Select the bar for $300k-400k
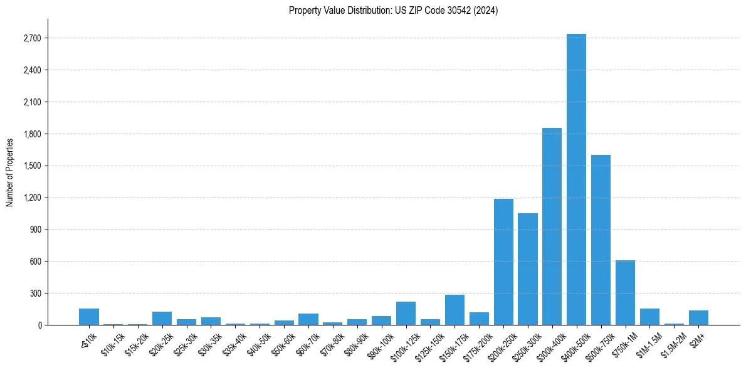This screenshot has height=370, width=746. point(552,226)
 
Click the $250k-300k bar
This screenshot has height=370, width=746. point(528,269)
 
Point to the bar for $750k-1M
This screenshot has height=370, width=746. point(625,292)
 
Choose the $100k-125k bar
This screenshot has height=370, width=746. point(406,314)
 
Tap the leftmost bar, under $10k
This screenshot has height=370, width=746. point(89,317)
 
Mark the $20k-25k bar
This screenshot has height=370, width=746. point(162,319)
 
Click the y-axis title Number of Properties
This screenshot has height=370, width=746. point(10,172)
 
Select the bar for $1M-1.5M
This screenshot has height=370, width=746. point(649,317)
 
